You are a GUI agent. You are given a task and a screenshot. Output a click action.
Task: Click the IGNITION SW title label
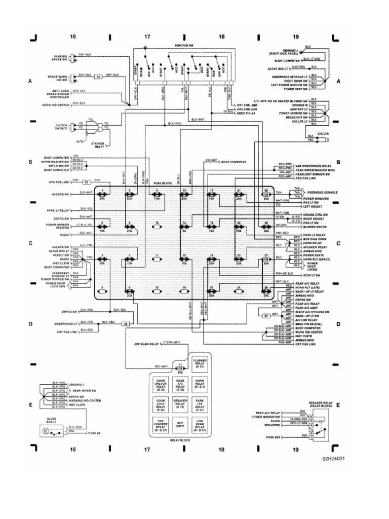[x=183, y=45]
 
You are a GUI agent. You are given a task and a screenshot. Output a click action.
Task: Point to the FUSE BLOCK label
[x=155, y=183]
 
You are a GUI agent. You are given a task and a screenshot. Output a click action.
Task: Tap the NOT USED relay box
[x=179, y=425]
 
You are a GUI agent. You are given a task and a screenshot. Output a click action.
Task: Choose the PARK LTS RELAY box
[x=199, y=404]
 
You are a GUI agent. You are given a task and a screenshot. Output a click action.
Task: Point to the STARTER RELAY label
[x=101, y=145]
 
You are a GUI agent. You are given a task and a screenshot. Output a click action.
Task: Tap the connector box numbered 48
[x=126, y=323]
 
